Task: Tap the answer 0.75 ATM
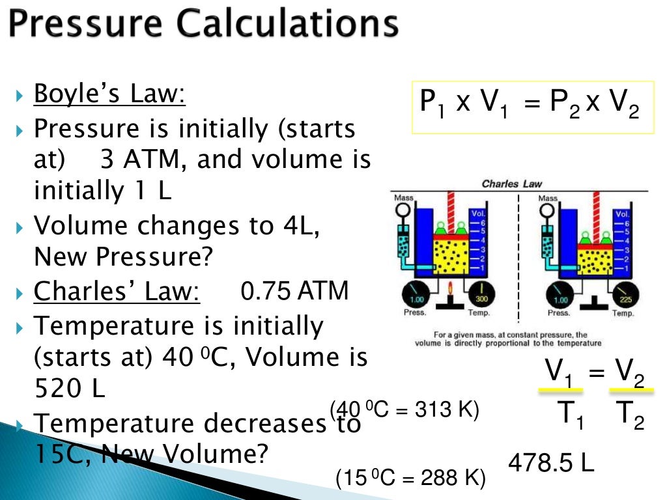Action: pyautogui.click(x=294, y=291)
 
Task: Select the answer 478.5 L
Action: pyautogui.click(x=550, y=463)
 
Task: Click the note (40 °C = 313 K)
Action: pyautogui.click(x=404, y=410)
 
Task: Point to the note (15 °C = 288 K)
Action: pyautogui.click(x=410, y=479)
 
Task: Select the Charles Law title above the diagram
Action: pyautogui.click(x=511, y=184)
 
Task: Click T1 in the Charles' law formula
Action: pyautogui.click(x=571, y=414)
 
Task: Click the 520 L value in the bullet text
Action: pyautogui.click(x=69, y=389)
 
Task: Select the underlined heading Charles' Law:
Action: pyautogui.click(x=117, y=291)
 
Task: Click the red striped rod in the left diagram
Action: pyautogui.click(x=449, y=208)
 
